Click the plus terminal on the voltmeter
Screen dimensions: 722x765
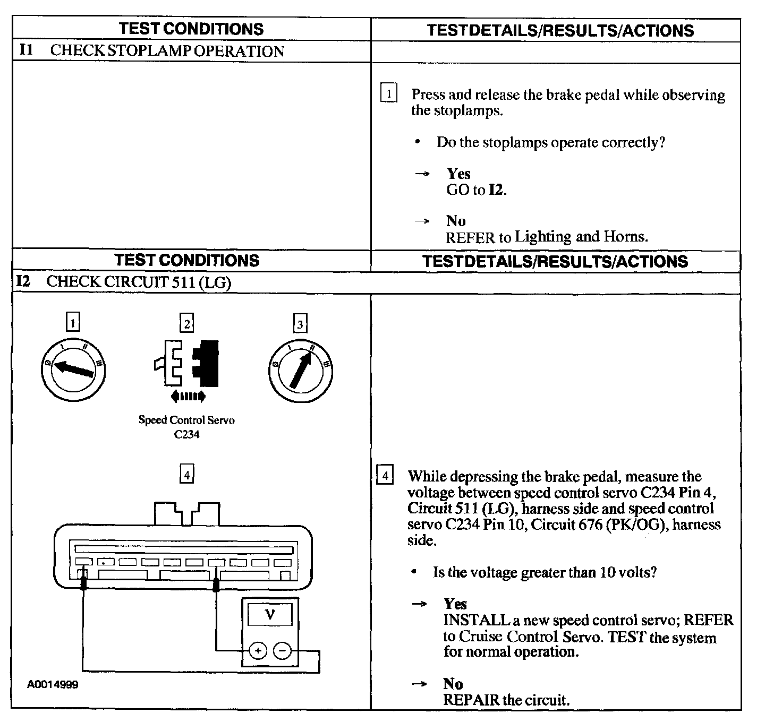[258, 651]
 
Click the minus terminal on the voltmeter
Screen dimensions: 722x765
[283, 651]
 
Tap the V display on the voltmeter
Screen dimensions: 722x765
[270, 615]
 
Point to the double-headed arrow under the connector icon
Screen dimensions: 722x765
[188, 396]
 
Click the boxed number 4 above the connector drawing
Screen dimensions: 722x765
[186, 475]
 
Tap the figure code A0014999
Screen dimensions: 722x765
[53, 684]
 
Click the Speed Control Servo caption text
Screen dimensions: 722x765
[186, 420]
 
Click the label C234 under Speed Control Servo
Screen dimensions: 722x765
[186, 434]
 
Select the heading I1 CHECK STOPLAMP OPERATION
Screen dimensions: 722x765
[151, 51]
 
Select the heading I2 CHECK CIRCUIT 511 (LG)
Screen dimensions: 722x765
[124, 282]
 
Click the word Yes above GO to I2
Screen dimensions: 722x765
[458, 174]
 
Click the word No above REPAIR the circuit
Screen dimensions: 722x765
[453, 684]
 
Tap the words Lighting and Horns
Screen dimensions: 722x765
[581, 236]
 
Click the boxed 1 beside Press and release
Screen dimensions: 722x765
[388, 94]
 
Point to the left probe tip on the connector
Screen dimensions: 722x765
[83, 583]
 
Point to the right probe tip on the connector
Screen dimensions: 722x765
[216, 585]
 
